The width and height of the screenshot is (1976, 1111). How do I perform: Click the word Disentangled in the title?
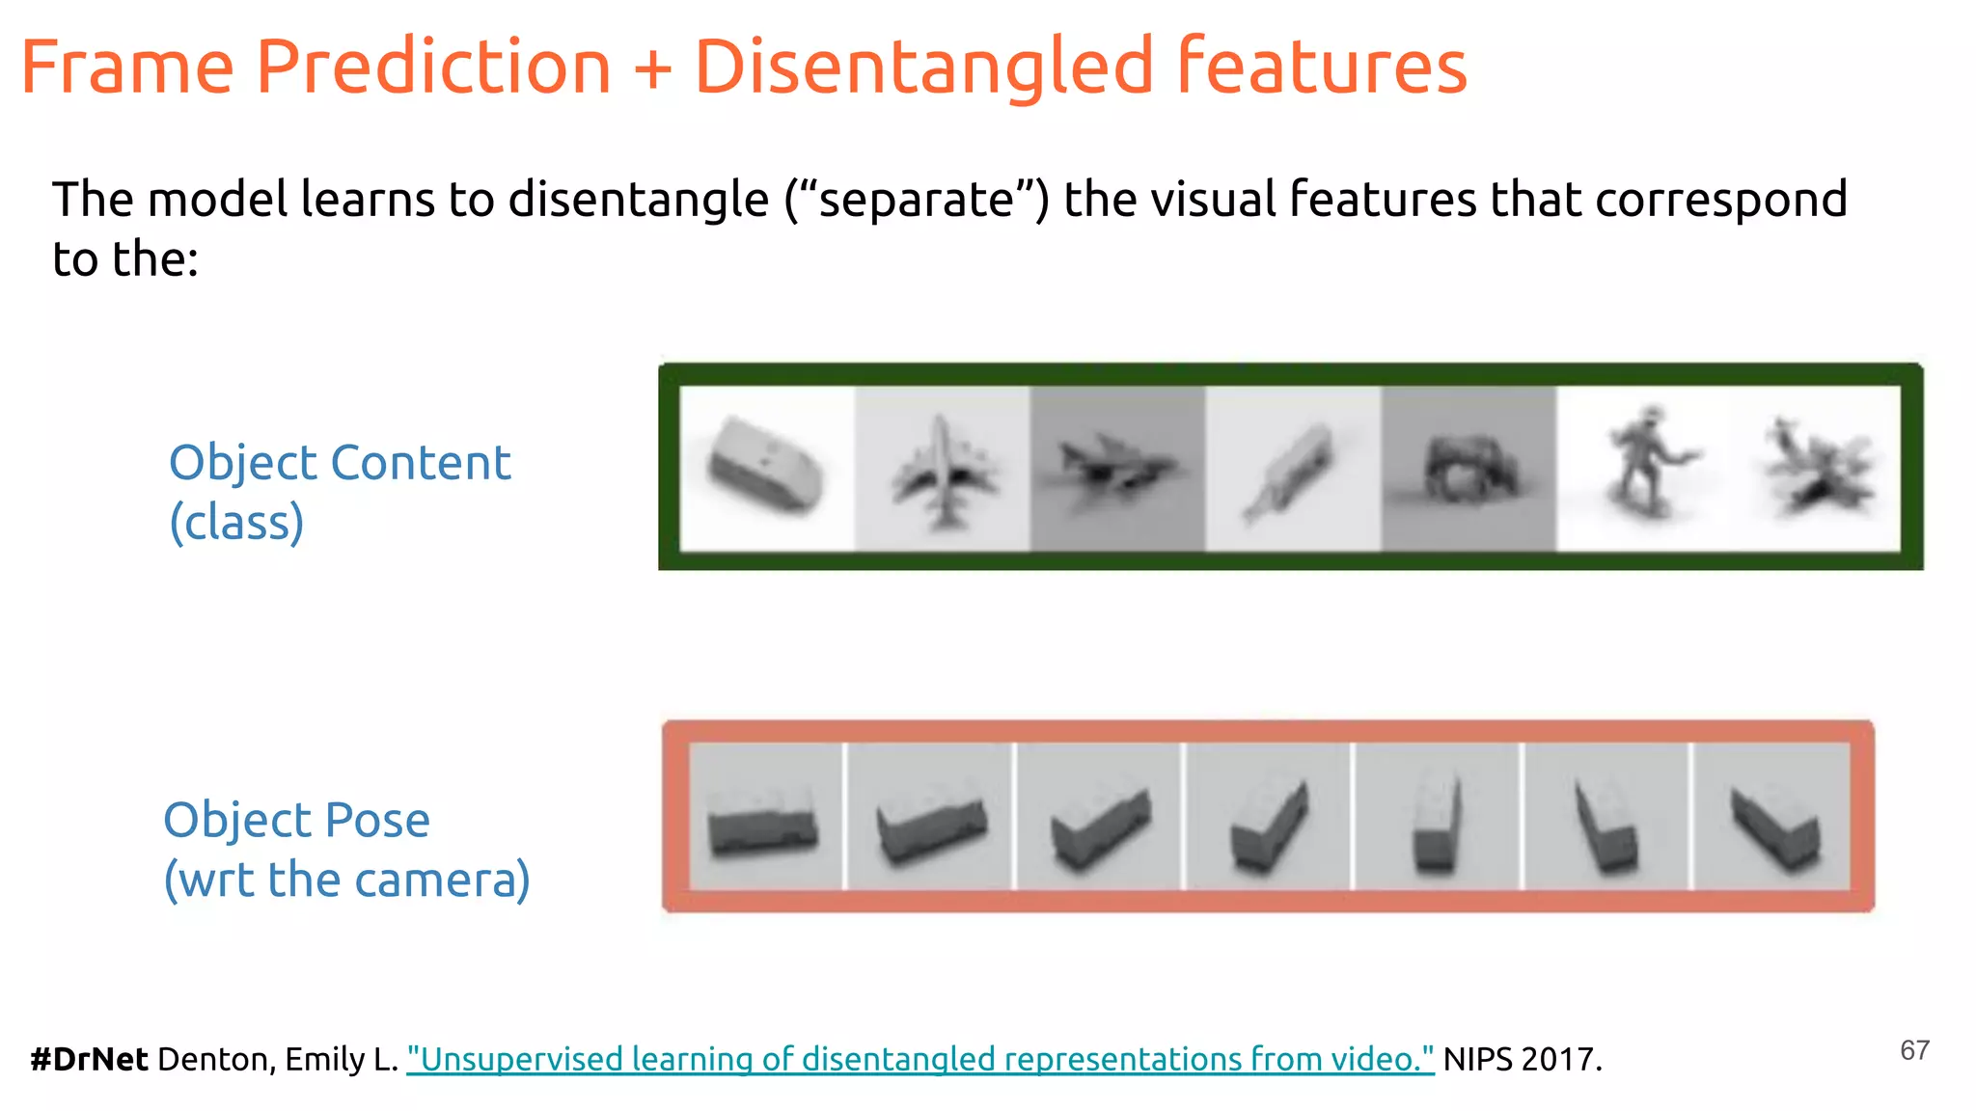point(923,68)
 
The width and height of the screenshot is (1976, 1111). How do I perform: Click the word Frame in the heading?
point(126,68)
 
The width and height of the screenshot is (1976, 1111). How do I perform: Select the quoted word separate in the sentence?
point(916,200)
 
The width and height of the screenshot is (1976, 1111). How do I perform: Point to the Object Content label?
point(339,462)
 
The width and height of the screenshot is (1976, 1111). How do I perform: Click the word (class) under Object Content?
point(236,522)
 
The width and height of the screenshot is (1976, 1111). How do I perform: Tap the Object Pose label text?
point(296,820)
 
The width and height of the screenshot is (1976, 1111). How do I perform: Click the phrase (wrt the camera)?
point(346,880)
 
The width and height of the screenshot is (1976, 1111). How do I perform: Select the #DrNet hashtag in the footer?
point(89,1059)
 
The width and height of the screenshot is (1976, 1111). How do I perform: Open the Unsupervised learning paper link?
point(919,1059)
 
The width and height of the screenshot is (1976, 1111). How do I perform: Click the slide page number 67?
point(1914,1050)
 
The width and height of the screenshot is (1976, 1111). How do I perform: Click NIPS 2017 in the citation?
point(1522,1059)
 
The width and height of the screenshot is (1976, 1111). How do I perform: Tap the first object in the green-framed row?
point(766,466)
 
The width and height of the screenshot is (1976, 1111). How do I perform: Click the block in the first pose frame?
point(762,823)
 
